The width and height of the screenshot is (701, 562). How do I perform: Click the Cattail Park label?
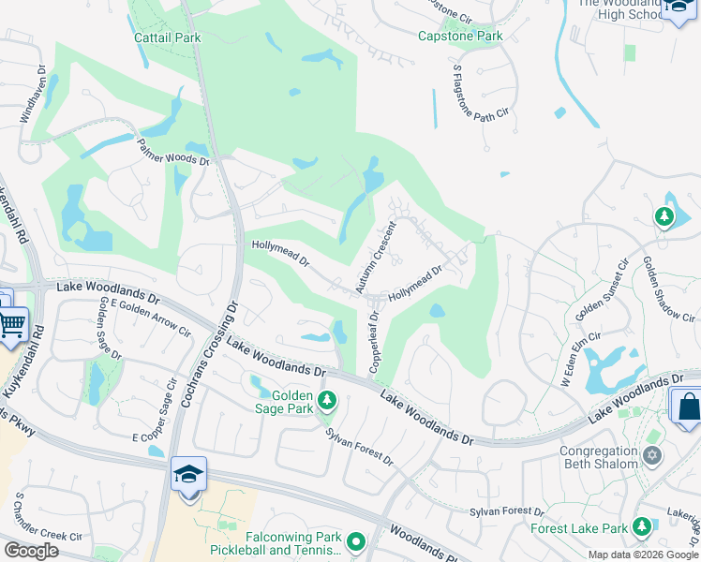(168, 38)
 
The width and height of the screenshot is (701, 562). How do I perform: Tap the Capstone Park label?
(459, 37)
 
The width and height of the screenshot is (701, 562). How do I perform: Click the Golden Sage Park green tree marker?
(326, 401)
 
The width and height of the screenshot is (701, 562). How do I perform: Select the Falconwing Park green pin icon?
(355, 540)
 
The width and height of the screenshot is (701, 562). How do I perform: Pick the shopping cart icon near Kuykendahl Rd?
(12, 324)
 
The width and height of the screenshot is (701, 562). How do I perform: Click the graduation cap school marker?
(188, 473)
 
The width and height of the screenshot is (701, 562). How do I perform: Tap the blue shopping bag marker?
(687, 406)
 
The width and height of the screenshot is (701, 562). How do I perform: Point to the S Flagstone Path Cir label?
(484, 101)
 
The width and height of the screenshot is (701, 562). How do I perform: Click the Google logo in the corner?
(30, 551)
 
